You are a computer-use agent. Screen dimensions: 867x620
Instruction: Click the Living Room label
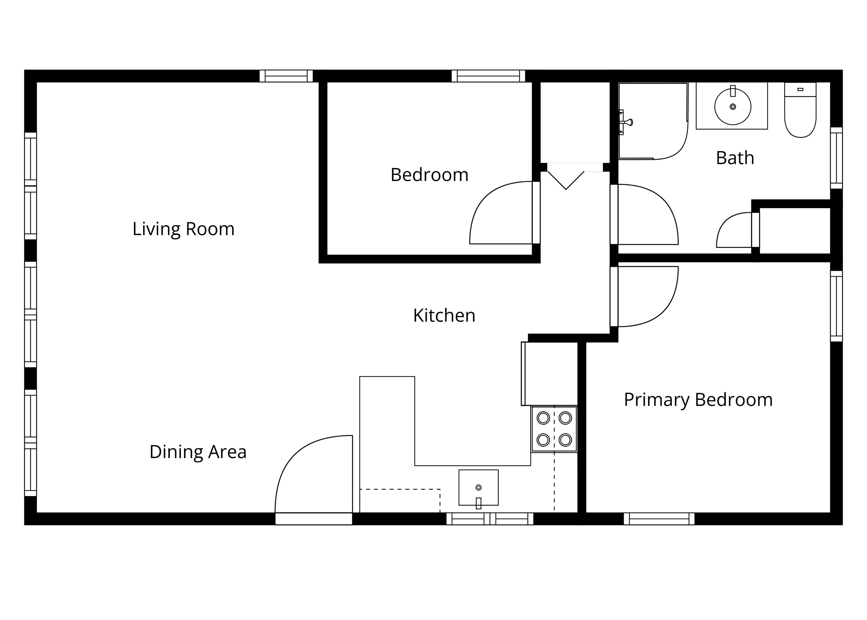[x=183, y=229]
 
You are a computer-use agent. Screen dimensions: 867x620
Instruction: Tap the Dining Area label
[x=198, y=452]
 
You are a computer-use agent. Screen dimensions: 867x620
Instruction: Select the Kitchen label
[x=444, y=316]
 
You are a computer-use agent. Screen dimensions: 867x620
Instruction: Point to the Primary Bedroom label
[x=698, y=400]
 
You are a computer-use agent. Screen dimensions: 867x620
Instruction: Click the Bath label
[x=735, y=158]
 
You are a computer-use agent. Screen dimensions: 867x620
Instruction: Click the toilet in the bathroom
[x=800, y=110]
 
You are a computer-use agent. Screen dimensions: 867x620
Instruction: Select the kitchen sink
[x=478, y=488]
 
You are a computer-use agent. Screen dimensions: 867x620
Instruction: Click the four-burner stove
[x=554, y=429]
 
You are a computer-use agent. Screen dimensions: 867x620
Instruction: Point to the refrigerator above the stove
[x=549, y=374]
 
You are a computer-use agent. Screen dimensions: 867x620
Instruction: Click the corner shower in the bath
[x=653, y=121]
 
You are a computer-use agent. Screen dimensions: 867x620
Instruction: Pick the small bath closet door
[x=738, y=230]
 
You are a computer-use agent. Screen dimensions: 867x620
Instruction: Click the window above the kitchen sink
[x=490, y=519]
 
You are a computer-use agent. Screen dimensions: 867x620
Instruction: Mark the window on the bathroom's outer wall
[x=836, y=158]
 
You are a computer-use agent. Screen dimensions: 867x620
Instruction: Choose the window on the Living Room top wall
[x=286, y=76]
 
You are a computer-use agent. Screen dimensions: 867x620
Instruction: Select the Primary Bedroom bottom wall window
[x=659, y=519]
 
